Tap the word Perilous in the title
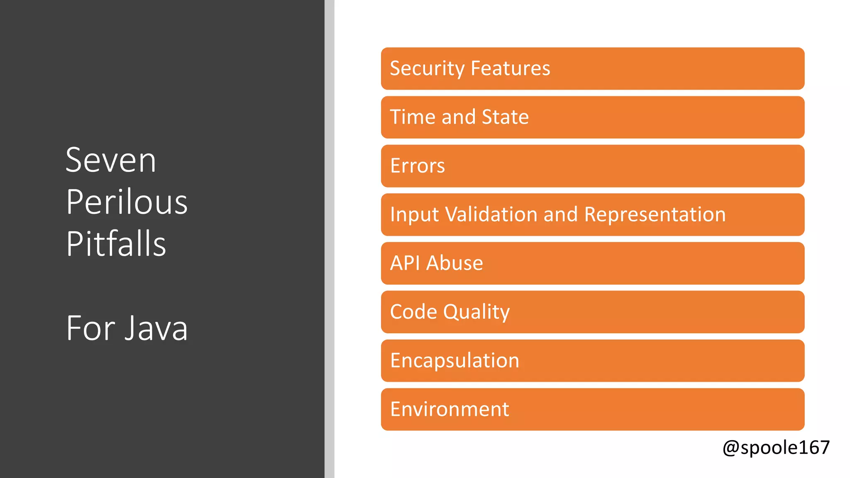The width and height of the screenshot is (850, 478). pos(127,202)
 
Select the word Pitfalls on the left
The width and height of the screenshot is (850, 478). pos(116,244)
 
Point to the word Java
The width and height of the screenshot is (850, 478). pos(156,328)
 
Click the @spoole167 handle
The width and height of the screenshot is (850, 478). pos(776,447)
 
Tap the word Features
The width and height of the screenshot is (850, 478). pos(510,68)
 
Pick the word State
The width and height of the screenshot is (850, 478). pos(505,117)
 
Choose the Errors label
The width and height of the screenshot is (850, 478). pos(418,166)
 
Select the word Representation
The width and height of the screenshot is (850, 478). pos(655,215)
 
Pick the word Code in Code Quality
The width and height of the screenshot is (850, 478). pos(413,312)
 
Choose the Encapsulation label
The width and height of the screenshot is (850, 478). pos(454,361)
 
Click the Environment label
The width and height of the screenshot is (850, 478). pos(449,409)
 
